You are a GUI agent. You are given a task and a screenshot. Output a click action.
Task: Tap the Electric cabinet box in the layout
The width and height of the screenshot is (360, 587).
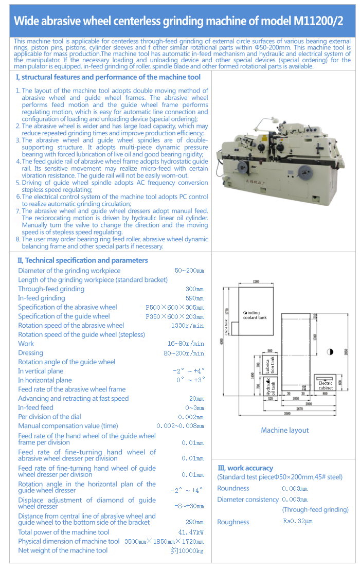tap(326, 384)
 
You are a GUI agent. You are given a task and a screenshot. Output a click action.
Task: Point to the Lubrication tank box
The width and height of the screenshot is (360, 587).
tap(271, 365)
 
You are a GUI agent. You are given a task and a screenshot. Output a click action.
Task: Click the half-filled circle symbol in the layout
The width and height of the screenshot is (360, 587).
tap(330, 352)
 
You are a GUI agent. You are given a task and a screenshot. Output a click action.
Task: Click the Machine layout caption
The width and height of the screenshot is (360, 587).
tap(285, 430)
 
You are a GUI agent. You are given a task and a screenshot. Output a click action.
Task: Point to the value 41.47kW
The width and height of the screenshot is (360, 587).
tap(191, 532)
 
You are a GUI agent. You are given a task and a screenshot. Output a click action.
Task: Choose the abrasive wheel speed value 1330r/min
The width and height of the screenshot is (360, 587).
tap(187, 326)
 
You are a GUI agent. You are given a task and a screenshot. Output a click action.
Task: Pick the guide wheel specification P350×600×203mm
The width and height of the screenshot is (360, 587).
tap(174, 316)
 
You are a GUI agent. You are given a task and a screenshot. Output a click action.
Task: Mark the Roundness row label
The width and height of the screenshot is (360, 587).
tap(233, 488)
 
